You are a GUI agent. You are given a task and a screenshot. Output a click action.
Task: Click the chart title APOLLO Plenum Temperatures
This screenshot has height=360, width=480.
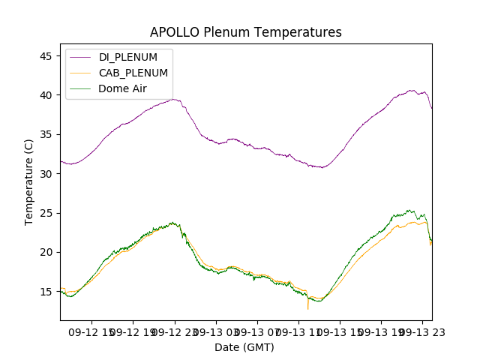245,32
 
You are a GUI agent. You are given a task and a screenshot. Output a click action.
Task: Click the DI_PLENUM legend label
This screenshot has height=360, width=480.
127,57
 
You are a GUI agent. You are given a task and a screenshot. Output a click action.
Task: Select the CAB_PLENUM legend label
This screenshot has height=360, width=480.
133,73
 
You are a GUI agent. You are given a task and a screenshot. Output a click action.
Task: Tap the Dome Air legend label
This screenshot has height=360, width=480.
123,88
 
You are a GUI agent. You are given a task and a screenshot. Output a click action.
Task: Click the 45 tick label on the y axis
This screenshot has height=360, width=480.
45,56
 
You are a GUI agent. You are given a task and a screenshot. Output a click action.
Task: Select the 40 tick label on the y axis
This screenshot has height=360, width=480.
45,95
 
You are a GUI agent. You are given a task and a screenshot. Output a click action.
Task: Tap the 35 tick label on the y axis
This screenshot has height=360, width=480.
45,135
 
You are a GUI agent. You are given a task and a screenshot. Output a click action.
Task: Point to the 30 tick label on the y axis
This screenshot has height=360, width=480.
45,174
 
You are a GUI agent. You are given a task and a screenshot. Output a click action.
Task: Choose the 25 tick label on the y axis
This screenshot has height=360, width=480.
45,213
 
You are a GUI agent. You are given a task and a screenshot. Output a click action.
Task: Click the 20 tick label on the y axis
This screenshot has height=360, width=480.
45,252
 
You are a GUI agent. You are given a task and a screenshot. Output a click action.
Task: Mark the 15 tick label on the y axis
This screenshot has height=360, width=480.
45,292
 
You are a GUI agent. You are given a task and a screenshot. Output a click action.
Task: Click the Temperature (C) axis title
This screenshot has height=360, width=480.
29,181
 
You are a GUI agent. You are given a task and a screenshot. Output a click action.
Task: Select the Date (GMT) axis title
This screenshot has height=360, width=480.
244,347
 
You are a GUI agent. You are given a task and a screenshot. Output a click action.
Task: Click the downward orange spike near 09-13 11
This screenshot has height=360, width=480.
307,307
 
